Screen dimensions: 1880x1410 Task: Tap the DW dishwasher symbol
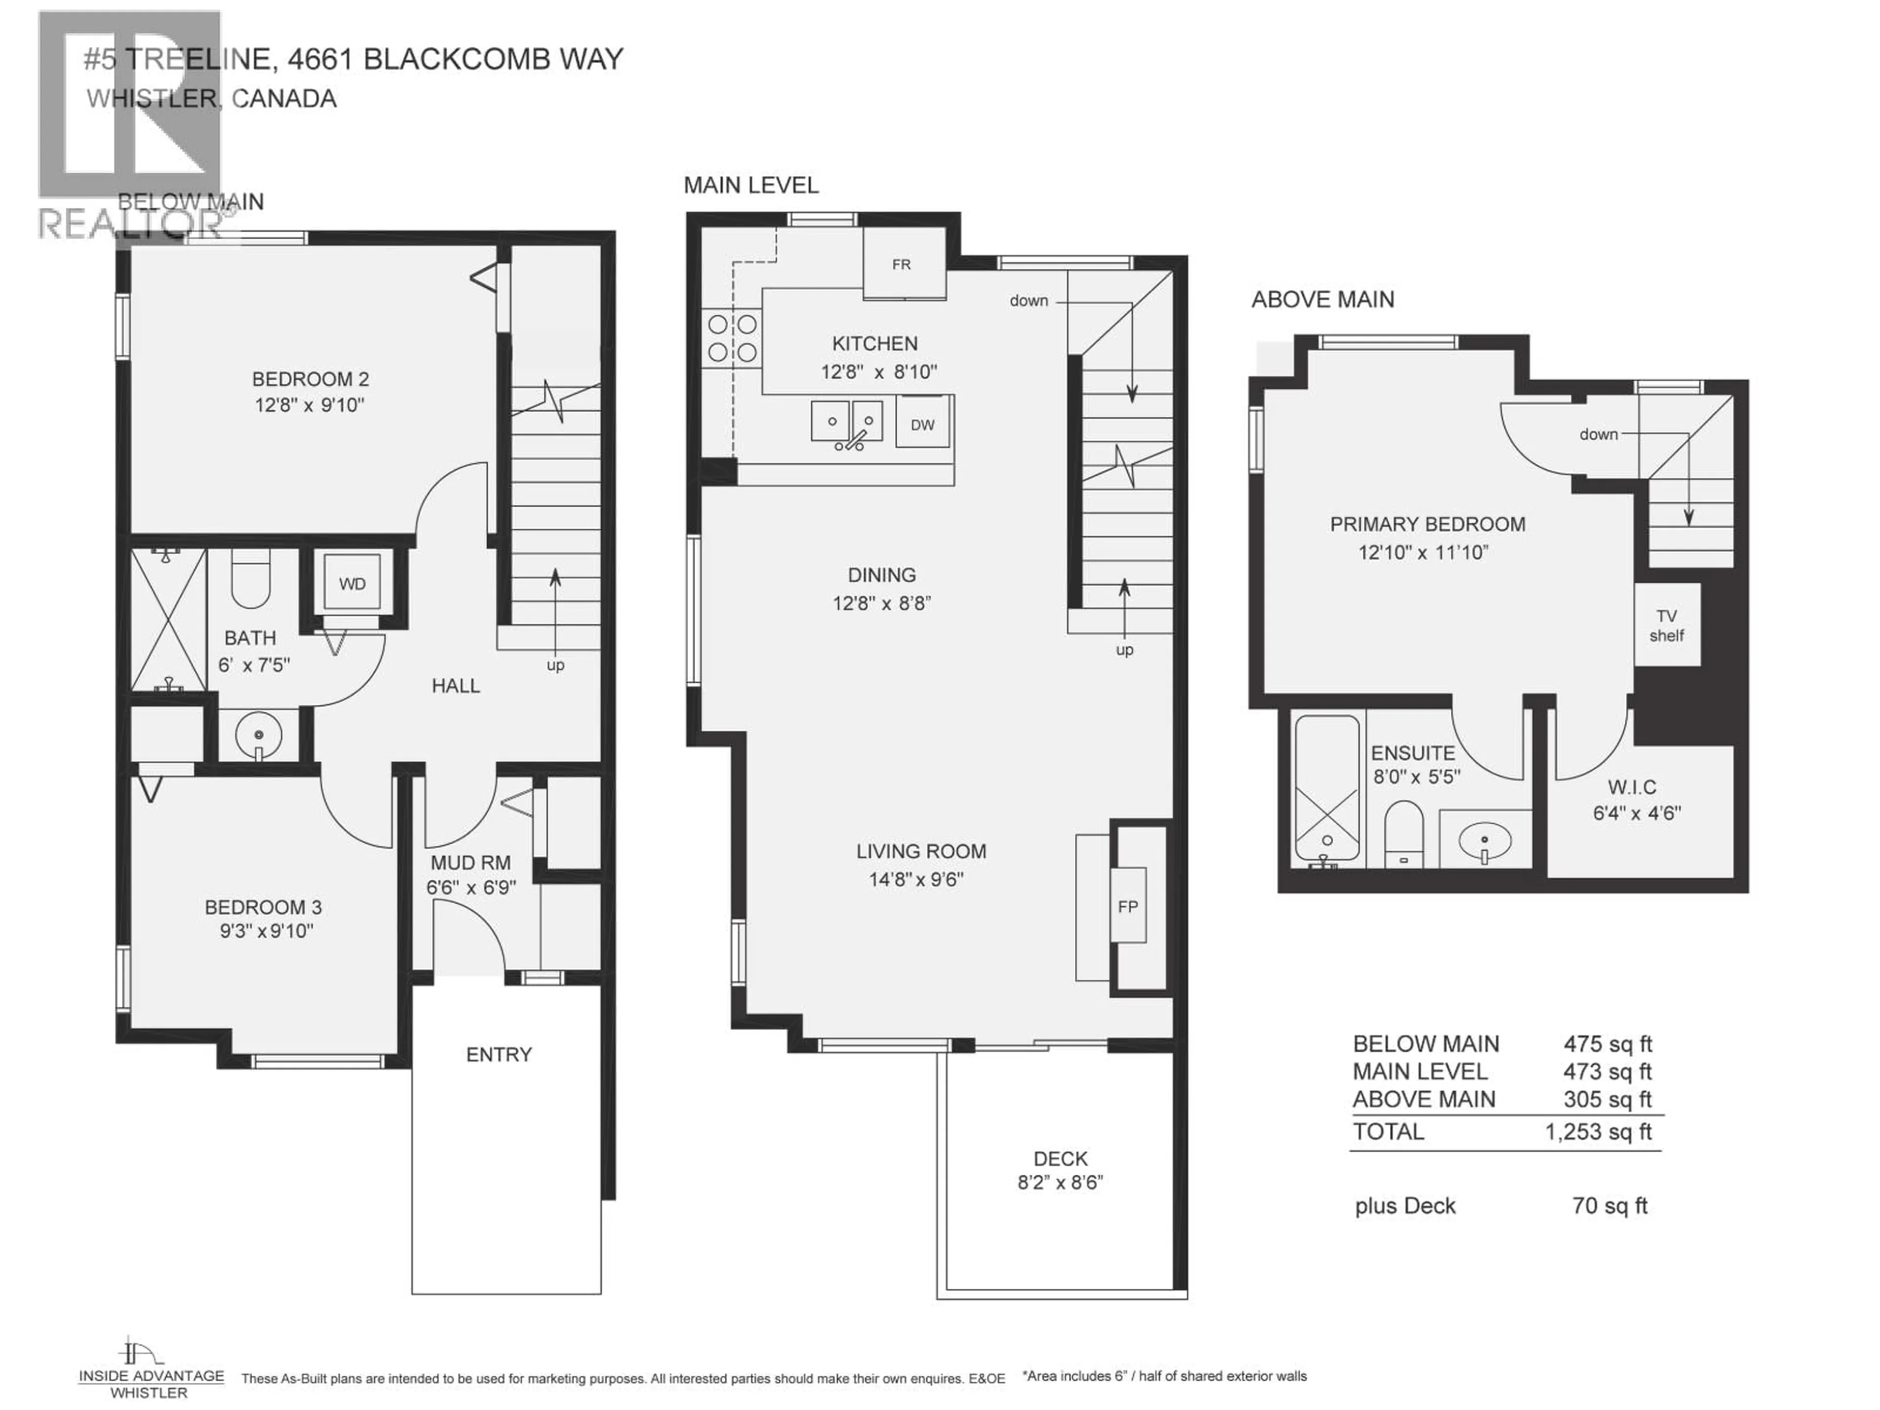tap(922, 424)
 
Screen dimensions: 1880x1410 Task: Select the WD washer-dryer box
tap(352, 583)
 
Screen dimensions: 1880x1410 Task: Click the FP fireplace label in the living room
tap(1128, 906)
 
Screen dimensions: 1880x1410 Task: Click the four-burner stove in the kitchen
tap(732, 337)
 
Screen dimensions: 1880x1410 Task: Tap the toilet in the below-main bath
tap(251, 578)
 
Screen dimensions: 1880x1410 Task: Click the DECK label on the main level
tap(1061, 1158)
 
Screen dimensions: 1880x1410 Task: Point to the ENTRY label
tap(499, 1054)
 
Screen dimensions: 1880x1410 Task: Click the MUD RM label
tap(471, 863)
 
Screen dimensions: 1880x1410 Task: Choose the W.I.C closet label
tap(1632, 787)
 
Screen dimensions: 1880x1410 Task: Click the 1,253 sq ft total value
tap(1598, 1132)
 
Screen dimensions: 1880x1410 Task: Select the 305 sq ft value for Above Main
tap(1607, 1099)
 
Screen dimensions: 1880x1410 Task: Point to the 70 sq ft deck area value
tap(1610, 1205)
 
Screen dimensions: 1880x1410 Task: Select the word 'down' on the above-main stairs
tap(1598, 434)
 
